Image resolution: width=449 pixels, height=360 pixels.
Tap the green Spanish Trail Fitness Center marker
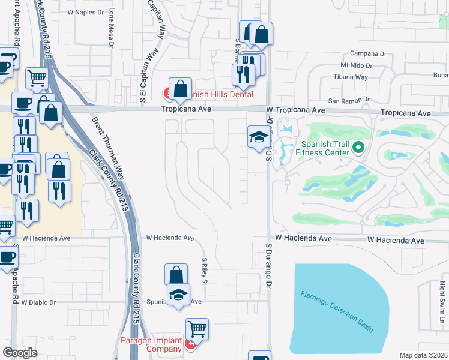pos(358,146)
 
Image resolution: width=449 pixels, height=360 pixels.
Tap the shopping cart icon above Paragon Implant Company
pos(197,329)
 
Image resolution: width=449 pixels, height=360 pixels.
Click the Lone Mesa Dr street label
pos(111,27)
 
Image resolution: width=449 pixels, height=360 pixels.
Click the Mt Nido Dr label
pos(356,65)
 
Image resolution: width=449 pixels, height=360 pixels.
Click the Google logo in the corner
pos(20,353)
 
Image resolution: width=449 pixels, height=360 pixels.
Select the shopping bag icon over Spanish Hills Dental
pos(180,89)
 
